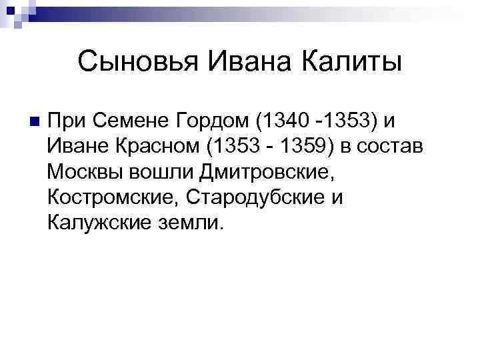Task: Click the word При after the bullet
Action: pos(67,121)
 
